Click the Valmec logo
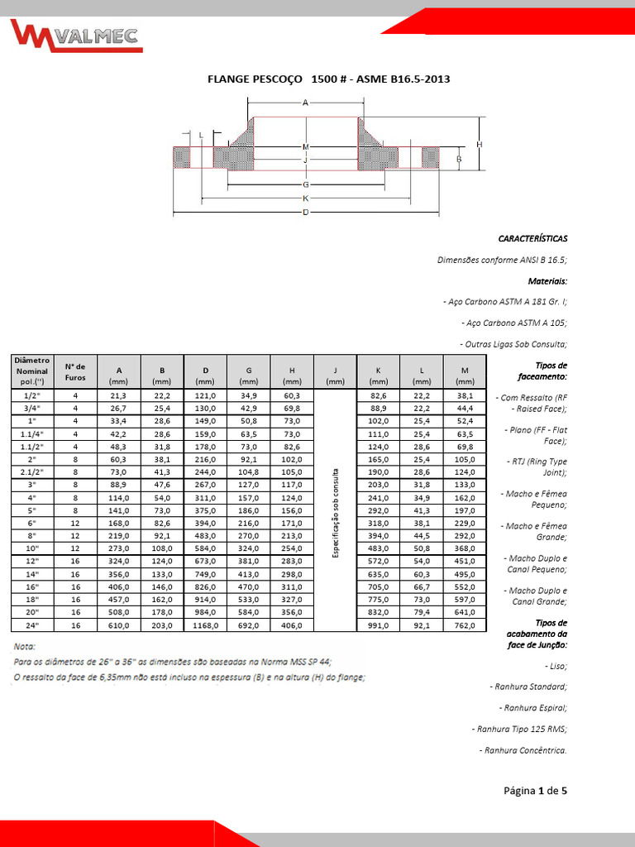[x=76, y=36]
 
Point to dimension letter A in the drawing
[x=305, y=103]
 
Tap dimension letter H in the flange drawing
[x=479, y=144]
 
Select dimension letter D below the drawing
[x=305, y=213]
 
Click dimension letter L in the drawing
[x=201, y=134]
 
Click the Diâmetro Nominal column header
[x=32, y=371]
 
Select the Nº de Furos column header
[x=75, y=371]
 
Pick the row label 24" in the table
[x=32, y=625]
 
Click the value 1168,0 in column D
[x=205, y=625]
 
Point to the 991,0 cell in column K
[x=378, y=625]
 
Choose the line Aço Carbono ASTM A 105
[x=514, y=323]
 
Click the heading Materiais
[x=547, y=281]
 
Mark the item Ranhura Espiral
[x=532, y=708]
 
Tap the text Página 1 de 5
[x=535, y=790]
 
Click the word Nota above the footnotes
[x=25, y=645]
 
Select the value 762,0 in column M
[x=465, y=625]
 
